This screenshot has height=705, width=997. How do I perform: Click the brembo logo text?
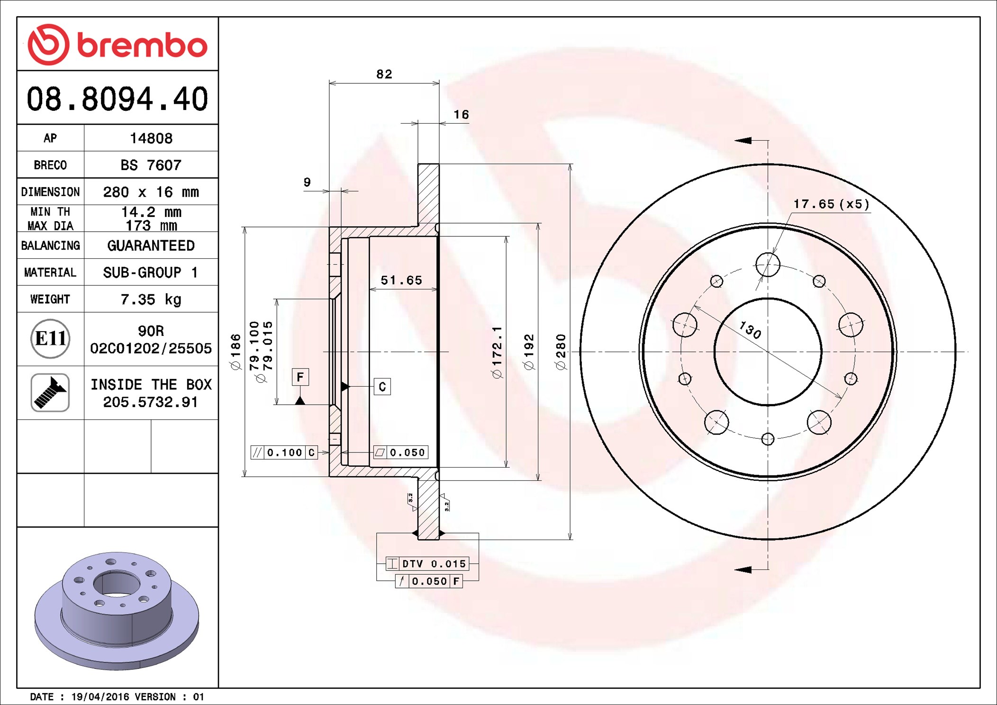(x=142, y=45)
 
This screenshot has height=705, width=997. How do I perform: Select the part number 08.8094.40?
(x=118, y=99)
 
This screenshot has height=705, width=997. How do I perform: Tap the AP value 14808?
(x=151, y=138)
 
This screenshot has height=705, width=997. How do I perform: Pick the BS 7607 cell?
(x=151, y=165)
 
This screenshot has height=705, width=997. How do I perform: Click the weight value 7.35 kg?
(x=151, y=299)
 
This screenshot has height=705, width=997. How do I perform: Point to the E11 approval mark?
(x=50, y=338)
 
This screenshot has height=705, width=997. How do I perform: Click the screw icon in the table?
(x=50, y=392)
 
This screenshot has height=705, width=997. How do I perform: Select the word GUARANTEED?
(x=151, y=245)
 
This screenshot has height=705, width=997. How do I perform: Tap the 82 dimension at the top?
(x=384, y=74)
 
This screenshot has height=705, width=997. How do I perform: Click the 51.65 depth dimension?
(x=401, y=280)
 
